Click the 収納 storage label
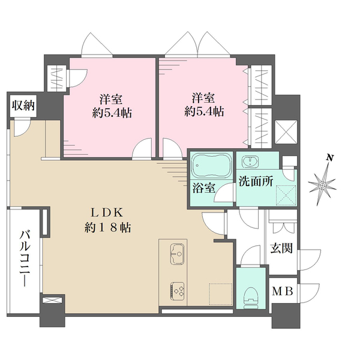(23, 106)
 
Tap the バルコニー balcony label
(25, 259)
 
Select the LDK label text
(107, 213)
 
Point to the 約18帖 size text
(107, 228)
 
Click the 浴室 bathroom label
(203, 188)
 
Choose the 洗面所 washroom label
(256, 181)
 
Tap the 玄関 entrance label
(281, 248)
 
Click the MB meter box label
(283, 292)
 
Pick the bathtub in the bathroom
(211, 166)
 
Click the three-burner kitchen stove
(177, 290)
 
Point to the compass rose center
(322, 185)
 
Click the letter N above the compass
(330, 158)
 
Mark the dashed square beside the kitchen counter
(220, 295)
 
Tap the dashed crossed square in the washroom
(286, 195)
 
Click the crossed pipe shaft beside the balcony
(52, 300)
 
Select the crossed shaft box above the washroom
(286, 131)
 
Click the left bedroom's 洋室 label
(111, 99)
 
